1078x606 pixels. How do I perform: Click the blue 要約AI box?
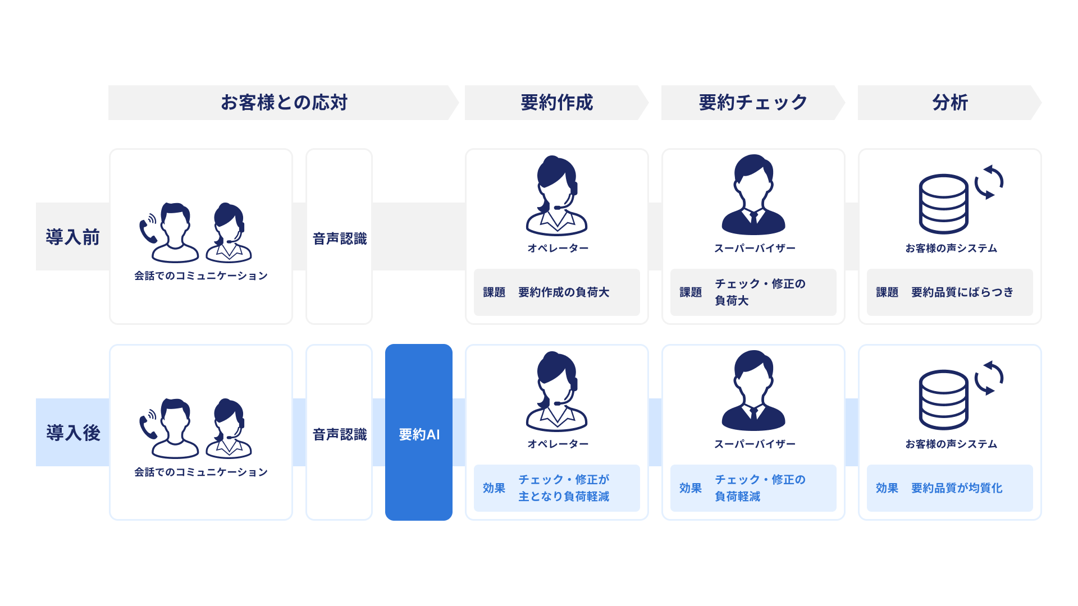pyautogui.click(x=419, y=433)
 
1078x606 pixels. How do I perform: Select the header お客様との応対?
pyautogui.click(x=284, y=103)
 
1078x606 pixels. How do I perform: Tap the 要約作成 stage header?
pyautogui.click(x=556, y=103)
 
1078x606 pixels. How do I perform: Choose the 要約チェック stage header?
pyautogui.click(x=753, y=103)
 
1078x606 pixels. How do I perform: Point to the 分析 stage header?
pyautogui.click(x=949, y=103)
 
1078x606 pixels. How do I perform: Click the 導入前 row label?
pyautogui.click(x=72, y=237)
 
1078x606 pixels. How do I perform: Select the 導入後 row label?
pyautogui.click(x=72, y=433)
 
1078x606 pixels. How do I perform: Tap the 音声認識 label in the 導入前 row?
pyautogui.click(x=339, y=238)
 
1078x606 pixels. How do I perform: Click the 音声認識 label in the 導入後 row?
pyautogui.click(x=339, y=434)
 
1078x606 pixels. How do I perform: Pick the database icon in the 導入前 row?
pyautogui.click(x=943, y=204)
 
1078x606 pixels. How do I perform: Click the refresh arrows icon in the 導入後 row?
pyautogui.click(x=989, y=378)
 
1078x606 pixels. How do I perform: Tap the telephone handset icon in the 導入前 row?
pyautogui.click(x=148, y=229)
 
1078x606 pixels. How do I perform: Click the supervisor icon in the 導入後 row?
pyautogui.click(x=753, y=391)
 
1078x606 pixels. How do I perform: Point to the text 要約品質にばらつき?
pyautogui.click(x=962, y=292)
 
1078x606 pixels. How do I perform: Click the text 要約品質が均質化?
pyautogui.click(x=956, y=488)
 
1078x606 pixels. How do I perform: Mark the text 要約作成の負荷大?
pyautogui.click(x=563, y=292)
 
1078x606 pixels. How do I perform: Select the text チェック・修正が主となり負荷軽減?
pyautogui.click(x=563, y=488)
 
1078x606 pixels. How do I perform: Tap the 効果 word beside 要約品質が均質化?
pyautogui.click(x=887, y=488)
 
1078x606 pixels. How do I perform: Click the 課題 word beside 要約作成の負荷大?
pyautogui.click(x=494, y=292)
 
